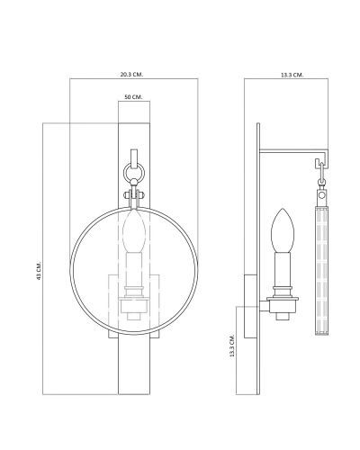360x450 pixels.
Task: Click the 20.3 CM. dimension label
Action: (131, 75)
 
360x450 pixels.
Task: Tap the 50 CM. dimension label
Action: (133, 97)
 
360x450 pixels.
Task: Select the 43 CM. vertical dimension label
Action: (39, 270)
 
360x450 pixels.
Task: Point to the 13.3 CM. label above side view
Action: (292, 75)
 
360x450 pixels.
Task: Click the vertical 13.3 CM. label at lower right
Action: (232, 345)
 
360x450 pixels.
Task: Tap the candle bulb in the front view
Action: (134, 231)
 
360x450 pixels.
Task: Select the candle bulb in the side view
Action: (283, 230)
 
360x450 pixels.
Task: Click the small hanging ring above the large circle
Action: (134, 173)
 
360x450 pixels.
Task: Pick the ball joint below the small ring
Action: (134, 182)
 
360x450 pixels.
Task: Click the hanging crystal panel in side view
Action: (321, 262)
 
